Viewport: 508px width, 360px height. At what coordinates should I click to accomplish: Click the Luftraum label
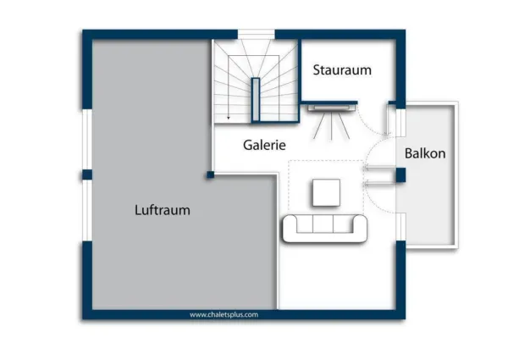click(x=162, y=210)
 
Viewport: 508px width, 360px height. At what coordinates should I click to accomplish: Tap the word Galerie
click(x=264, y=145)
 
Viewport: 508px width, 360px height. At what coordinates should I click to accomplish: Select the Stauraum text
click(x=342, y=70)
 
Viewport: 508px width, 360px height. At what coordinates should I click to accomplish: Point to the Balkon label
click(x=424, y=154)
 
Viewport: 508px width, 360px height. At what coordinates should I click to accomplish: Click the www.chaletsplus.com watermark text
click(x=224, y=314)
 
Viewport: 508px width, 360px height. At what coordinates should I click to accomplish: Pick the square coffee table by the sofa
click(x=326, y=193)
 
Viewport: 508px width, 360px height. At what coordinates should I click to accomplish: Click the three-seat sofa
click(x=325, y=228)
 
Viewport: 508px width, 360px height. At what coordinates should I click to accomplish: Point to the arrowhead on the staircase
click(x=228, y=118)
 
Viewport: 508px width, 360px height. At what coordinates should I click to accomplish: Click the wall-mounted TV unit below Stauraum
click(x=331, y=107)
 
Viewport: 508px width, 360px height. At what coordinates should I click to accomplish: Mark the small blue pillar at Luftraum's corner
click(x=209, y=175)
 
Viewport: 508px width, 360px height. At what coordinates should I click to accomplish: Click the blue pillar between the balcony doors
click(x=400, y=175)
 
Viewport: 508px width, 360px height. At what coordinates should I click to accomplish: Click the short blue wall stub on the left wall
click(x=86, y=174)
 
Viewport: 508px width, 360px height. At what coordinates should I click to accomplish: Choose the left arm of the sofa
click(x=288, y=228)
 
